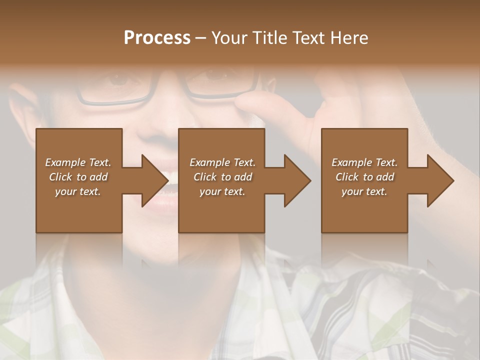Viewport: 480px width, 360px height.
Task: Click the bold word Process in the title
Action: coord(157,38)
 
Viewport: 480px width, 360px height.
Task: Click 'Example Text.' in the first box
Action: coord(78,162)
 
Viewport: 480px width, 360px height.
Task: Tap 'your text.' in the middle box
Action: coord(222,191)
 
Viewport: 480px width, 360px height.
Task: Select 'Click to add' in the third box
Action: coord(364,177)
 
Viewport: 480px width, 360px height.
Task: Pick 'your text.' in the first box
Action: coord(78,191)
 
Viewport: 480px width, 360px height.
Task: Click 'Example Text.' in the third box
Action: coord(364,162)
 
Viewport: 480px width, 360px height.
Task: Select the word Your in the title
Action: coord(229,38)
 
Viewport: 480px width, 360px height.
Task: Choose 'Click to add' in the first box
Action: coord(78,177)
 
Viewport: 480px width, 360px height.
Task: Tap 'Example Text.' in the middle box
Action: coord(222,162)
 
